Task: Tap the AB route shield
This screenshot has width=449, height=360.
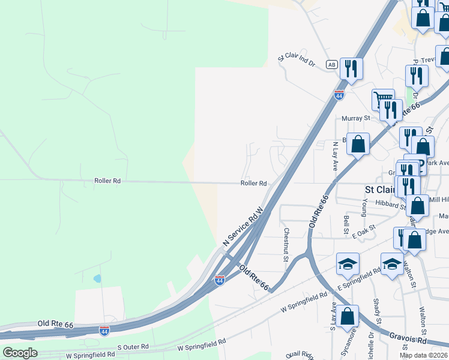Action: (331, 64)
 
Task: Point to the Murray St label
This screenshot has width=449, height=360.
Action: (354, 119)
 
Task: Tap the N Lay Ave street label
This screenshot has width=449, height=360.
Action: (335, 156)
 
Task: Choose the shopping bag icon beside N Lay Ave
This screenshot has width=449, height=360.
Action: (358, 145)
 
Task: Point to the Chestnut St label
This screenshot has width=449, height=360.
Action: (286, 244)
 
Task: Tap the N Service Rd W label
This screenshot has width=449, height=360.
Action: (243, 227)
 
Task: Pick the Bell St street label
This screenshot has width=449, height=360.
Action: (346, 225)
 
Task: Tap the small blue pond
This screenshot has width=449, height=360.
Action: (97, 279)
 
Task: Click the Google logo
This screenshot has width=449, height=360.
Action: (20, 352)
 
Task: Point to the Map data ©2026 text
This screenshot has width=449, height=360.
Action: (424, 355)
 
